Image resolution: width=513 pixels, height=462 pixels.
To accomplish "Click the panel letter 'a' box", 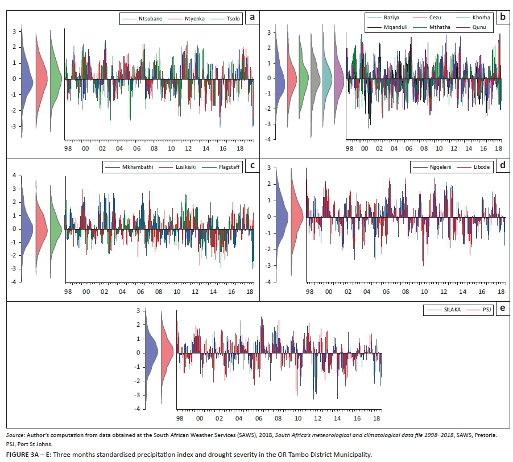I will (251, 18).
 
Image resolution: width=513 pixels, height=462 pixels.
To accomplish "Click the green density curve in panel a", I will (56, 80).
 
